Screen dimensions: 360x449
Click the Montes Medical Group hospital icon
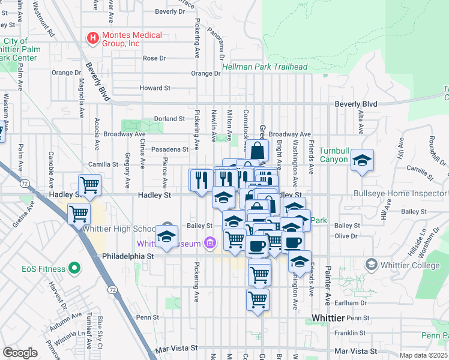(93, 39)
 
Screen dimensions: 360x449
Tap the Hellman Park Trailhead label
(265, 67)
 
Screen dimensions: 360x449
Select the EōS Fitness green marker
(74, 268)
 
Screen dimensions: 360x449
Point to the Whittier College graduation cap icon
(372, 264)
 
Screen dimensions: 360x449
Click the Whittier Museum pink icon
(209, 243)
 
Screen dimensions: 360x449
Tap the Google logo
(20, 353)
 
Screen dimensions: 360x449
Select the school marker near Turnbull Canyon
(362, 160)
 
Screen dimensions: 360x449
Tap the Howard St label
(155, 88)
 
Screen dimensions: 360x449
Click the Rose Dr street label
(154, 58)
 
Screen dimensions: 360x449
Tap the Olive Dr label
(346, 236)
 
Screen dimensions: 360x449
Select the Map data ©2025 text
(423, 355)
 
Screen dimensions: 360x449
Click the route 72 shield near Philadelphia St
(112, 290)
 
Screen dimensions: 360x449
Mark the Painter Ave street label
(328, 277)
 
